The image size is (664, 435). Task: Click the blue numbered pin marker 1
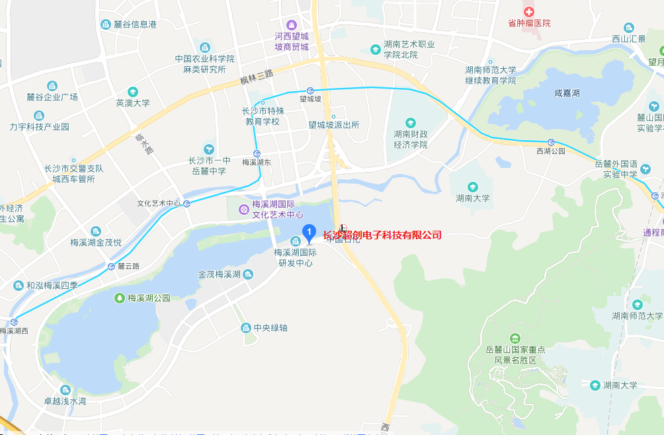click(x=308, y=232)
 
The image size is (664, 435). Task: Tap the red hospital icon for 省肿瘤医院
click(x=528, y=11)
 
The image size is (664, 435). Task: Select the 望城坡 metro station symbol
click(x=310, y=90)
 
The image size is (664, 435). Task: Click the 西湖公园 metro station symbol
click(x=551, y=141)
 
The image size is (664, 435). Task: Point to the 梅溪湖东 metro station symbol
click(x=256, y=153)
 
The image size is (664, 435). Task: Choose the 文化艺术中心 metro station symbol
click(x=188, y=204)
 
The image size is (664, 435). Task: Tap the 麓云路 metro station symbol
click(x=111, y=266)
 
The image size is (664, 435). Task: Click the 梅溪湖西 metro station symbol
click(x=14, y=322)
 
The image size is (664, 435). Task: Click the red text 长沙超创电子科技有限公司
click(x=382, y=235)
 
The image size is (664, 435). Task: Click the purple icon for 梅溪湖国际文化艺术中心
click(x=243, y=210)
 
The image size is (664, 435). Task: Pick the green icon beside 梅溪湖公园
click(x=119, y=298)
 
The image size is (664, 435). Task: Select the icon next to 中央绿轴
click(x=245, y=328)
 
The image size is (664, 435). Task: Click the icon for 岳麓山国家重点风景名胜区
click(x=515, y=338)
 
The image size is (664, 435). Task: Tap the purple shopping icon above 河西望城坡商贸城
click(x=292, y=25)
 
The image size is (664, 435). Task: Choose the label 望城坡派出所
click(x=333, y=124)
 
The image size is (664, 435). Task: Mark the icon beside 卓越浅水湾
click(x=65, y=390)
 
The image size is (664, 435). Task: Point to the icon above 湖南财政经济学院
click(x=410, y=122)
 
